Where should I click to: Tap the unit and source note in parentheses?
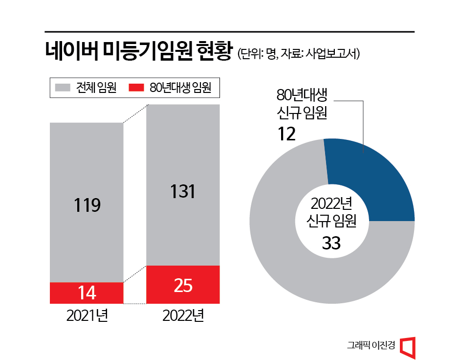(x=299, y=54)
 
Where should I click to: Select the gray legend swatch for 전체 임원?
(x=63, y=88)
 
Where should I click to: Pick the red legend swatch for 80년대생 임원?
(x=136, y=88)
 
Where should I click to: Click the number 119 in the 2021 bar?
(x=87, y=204)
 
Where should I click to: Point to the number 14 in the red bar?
(x=87, y=292)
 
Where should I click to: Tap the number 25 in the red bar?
(x=183, y=285)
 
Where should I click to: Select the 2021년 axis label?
(x=87, y=316)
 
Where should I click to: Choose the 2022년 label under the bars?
(x=183, y=316)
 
